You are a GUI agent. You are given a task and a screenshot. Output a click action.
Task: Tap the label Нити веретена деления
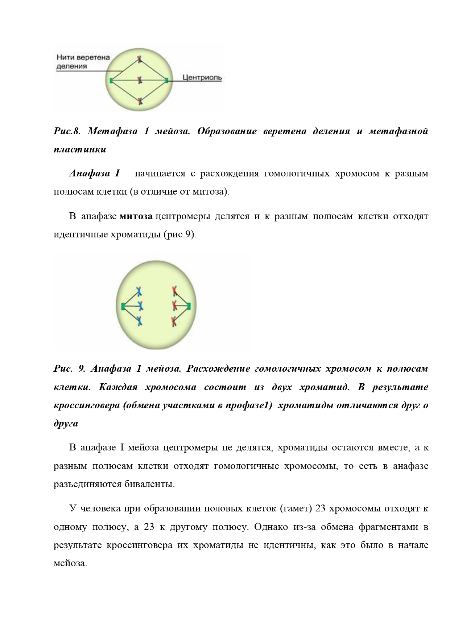tap(83, 62)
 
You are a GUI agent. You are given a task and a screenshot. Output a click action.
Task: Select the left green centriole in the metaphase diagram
tap(111, 80)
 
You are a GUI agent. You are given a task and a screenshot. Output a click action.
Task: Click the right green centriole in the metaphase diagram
tap(166, 80)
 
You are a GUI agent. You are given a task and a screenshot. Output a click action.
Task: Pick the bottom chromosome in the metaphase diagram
tap(140, 101)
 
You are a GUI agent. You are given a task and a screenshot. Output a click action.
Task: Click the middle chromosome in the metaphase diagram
tap(139, 79)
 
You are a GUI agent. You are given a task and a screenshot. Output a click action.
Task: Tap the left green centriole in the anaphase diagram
tap(123, 306)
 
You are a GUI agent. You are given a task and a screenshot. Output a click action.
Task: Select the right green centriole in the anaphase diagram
tap(188, 306)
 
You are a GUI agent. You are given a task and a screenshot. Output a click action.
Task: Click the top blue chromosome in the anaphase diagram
tap(139, 291)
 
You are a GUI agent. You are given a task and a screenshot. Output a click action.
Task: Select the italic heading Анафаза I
tap(94, 173)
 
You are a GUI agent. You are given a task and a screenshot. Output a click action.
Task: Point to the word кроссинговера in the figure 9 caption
tap(87, 405)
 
